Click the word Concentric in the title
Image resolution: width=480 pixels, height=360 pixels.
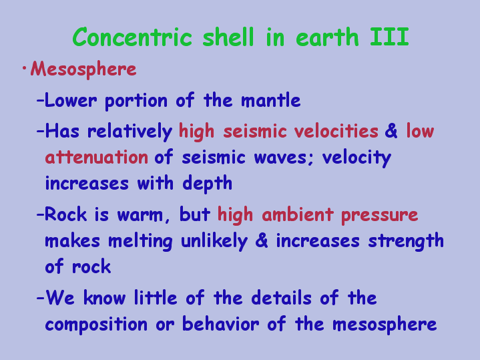[x=132, y=37]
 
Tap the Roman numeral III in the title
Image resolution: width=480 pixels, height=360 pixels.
[x=389, y=37]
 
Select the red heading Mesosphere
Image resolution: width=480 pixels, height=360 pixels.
[x=83, y=69]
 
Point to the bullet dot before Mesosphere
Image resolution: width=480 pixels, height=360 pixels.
[x=24, y=68]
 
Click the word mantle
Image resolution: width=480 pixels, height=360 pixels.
[x=270, y=100]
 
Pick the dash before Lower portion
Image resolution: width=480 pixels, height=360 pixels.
[x=40, y=100]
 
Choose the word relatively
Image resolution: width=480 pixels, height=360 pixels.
[x=130, y=132]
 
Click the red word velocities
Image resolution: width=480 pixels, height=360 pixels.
[x=336, y=131]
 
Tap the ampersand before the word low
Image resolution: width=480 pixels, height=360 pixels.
[x=391, y=131]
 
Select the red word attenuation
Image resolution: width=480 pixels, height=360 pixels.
[x=96, y=157]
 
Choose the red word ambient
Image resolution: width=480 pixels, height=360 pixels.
[x=298, y=214]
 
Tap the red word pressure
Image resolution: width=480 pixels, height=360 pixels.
[x=380, y=215]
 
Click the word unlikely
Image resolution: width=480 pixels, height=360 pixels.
[x=214, y=241]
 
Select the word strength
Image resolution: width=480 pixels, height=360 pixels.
[x=406, y=241]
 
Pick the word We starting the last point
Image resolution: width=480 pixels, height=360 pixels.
[x=60, y=297]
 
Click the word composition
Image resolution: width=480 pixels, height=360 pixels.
[x=96, y=325]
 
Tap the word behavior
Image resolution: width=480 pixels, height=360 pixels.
[x=221, y=323]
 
